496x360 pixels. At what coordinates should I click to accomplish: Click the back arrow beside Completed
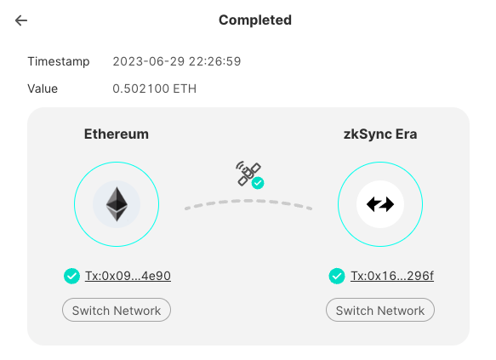click(21, 20)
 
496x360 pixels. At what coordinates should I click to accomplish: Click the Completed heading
click(255, 20)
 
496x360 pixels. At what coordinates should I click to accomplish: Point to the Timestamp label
click(59, 61)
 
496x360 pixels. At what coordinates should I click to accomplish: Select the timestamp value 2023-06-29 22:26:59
click(177, 61)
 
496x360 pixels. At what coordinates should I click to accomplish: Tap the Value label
click(43, 89)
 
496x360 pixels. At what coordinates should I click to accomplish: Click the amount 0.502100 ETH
click(155, 89)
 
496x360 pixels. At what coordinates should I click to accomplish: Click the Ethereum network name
click(117, 134)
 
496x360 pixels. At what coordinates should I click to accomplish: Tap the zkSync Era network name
click(380, 134)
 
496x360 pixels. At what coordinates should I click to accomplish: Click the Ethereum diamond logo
click(117, 204)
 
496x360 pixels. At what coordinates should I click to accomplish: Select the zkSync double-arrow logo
click(380, 204)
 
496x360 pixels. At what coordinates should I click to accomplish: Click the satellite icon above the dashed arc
click(248, 174)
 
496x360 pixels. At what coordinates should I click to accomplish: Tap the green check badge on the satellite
click(258, 183)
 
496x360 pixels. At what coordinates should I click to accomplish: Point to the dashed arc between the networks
click(248, 201)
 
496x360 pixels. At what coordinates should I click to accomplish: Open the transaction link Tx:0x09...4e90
click(128, 276)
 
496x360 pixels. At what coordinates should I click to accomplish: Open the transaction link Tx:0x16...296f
click(392, 276)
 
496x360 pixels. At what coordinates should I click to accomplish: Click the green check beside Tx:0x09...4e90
click(71, 276)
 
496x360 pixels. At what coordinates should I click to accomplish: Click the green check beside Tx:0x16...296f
click(337, 276)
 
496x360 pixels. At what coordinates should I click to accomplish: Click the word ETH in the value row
click(185, 89)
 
